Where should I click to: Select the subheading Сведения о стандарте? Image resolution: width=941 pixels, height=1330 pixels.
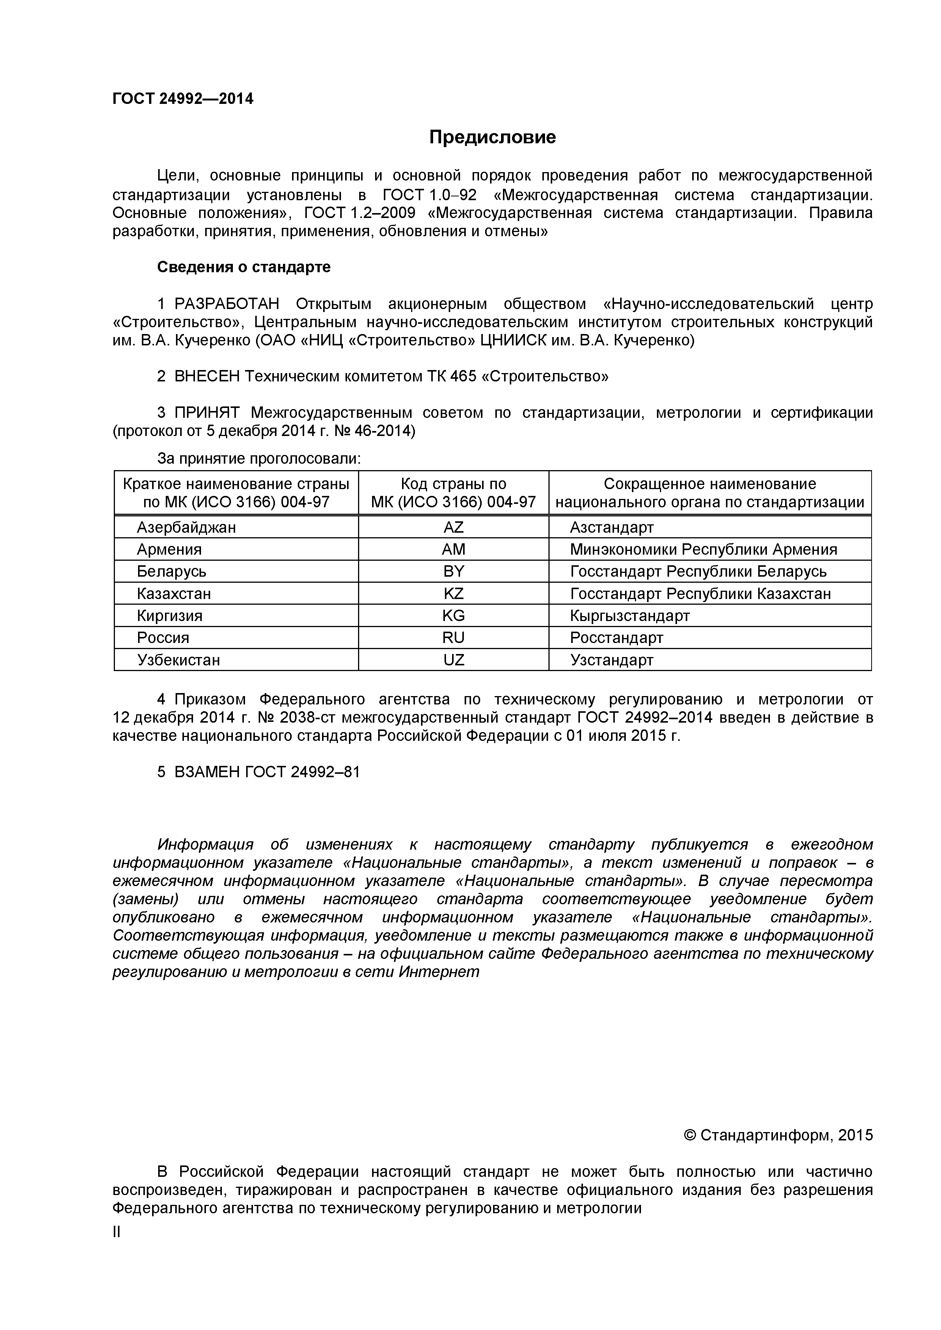point(244,267)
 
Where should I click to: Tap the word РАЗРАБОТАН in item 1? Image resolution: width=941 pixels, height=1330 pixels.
point(226,304)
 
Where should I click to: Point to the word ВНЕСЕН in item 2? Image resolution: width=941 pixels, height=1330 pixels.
point(207,376)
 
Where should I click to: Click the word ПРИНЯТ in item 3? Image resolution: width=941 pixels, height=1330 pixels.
point(207,412)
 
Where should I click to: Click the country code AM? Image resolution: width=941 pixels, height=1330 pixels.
point(453,549)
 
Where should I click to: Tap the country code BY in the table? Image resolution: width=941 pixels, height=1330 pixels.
point(453,571)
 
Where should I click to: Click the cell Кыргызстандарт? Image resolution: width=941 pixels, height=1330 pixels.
point(630,615)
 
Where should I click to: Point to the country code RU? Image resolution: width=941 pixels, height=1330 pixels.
point(453,638)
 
